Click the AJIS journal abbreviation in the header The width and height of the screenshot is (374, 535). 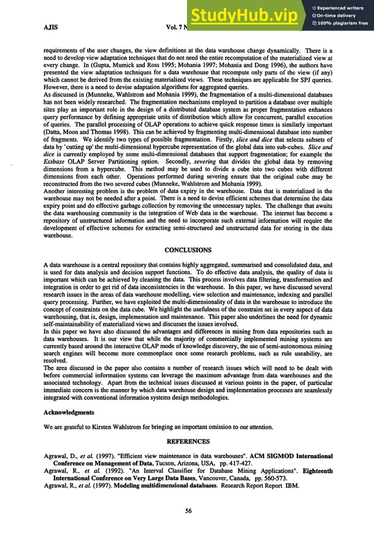tap(50, 28)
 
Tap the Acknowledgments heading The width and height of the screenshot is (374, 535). tap(69, 412)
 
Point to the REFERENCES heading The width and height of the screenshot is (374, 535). tap(186, 440)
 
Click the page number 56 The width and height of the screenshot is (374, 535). tap(188, 511)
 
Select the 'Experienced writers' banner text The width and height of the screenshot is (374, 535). tap(341, 8)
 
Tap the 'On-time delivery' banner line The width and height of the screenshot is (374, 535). tap(337, 15)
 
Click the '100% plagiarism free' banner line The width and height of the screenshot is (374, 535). tap(340, 23)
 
